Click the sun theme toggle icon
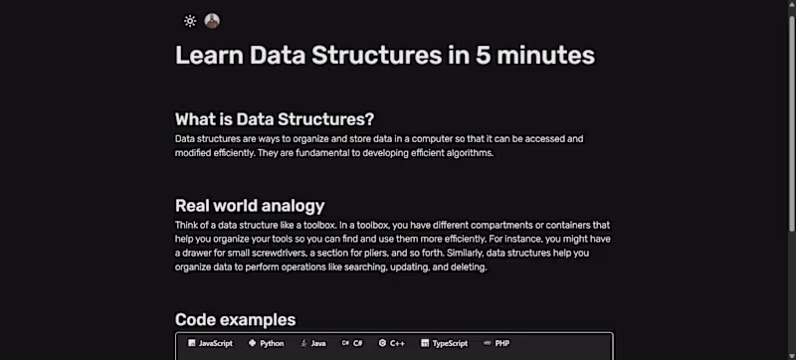pyautogui.click(x=190, y=20)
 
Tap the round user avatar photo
pyautogui.click(x=212, y=20)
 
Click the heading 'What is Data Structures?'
pyautogui.click(x=274, y=119)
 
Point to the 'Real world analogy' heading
pyautogui.click(x=250, y=206)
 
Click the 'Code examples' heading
pyautogui.click(x=235, y=319)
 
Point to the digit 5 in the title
pyautogui.click(x=482, y=55)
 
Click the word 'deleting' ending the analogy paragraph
pyautogui.click(x=466, y=267)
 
